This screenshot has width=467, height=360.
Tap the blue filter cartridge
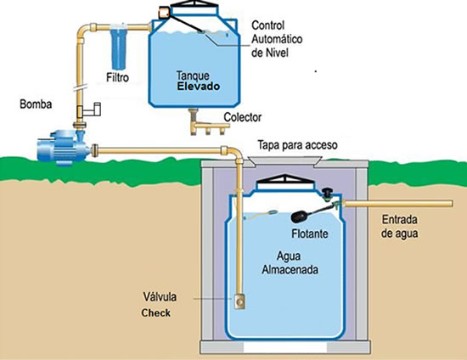coord(119,48)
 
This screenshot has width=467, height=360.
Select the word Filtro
coord(118,77)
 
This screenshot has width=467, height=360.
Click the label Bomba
coord(36,104)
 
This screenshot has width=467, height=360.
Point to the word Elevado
coord(199,87)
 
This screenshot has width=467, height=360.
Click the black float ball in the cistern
coord(301,217)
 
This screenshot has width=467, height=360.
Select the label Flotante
coord(310,233)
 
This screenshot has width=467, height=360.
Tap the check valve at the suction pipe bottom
coord(239,301)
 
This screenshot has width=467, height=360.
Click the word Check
coord(155,313)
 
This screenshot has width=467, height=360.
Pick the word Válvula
coord(160,296)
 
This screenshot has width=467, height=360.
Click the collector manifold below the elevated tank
coord(208,122)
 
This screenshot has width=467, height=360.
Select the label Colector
coord(243,117)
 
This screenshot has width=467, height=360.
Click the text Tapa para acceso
coord(297,145)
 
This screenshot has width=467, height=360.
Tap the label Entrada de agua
coord(399,227)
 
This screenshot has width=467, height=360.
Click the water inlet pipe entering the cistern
coord(398,204)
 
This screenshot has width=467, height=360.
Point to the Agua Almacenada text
coord(290,263)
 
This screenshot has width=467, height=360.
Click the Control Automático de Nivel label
coord(277,39)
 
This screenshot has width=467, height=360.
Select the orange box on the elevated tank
coord(164,13)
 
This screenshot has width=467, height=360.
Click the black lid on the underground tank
coord(285,179)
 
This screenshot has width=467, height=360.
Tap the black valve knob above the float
coord(328,193)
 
